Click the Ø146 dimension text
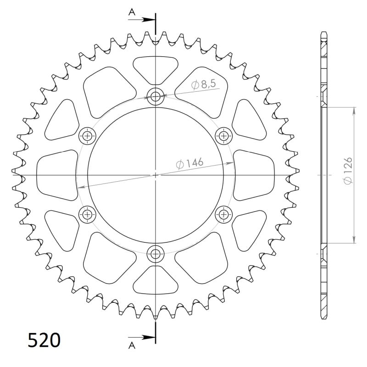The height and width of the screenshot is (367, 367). [x=189, y=163]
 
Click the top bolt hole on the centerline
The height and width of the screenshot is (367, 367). [x=156, y=96]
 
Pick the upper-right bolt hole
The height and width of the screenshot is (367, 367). [x=223, y=135]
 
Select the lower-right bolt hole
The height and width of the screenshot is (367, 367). [x=223, y=213]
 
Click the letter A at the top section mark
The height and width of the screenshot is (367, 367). [x=132, y=13]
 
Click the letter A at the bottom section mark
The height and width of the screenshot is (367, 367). [x=132, y=345]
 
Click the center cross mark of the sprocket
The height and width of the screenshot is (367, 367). [x=156, y=175]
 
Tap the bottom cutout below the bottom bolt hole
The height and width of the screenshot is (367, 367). [x=156, y=281]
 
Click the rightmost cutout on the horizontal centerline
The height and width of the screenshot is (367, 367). [x=255, y=174]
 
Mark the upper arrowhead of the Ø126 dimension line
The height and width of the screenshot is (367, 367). [x=354, y=110]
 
